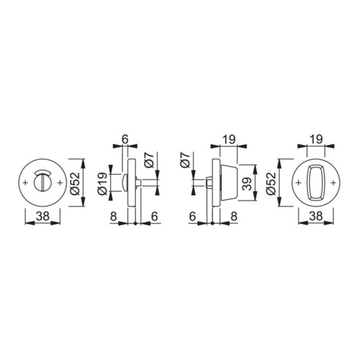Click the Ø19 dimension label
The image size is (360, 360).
(x=102, y=184)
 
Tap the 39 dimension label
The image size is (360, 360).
(x=248, y=184)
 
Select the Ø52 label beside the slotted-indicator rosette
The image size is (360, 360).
(x=75, y=184)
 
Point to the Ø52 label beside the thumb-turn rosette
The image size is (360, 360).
(x=271, y=184)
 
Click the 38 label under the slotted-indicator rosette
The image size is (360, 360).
(x=43, y=216)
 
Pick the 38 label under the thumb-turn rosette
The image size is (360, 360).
(x=316, y=216)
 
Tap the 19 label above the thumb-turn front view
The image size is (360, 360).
(x=316, y=140)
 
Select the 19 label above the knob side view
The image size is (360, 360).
(x=228, y=140)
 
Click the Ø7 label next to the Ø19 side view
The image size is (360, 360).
(x=149, y=160)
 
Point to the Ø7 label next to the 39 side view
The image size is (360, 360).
(x=186, y=160)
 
